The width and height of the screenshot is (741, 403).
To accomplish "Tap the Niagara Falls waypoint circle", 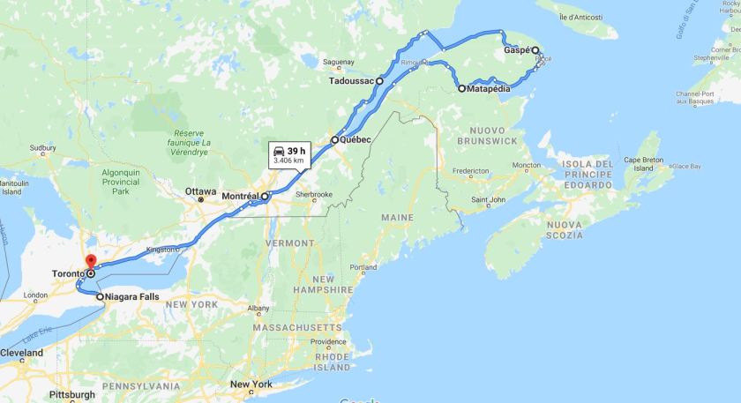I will [x=101, y=297].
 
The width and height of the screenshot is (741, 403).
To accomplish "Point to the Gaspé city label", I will [x=516, y=50].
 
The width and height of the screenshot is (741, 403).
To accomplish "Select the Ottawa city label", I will [x=200, y=190].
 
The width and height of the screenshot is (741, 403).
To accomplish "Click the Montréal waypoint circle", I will [x=265, y=196].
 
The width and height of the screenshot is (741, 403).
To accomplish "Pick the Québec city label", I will [x=355, y=140].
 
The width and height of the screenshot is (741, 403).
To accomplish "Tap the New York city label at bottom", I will [x=251, y=384].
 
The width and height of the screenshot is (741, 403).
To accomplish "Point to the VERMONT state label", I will [x=288, y=243].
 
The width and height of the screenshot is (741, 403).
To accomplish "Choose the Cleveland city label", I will [x=21, y=352].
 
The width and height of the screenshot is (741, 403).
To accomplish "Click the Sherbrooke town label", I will [x=313, y=194].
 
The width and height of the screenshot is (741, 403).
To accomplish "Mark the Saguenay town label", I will [x=338, y=62].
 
